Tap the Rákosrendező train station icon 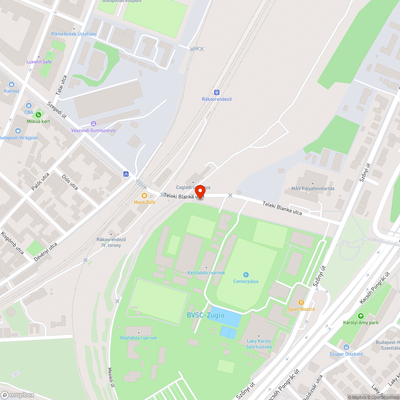tap(217, 92)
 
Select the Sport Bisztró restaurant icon tap(301, 302)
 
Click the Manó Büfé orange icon tap(144, 196)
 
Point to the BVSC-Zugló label tap(206, 315)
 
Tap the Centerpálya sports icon tap(246, 274)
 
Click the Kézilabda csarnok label tap(206, 273)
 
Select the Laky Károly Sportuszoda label tap(259, 344)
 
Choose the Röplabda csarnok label tap(139, 338)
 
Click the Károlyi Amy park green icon tap(361, 316)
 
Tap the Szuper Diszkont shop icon tap(346, 347)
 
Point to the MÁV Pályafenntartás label tap(313, 188)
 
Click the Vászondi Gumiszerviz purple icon tap(94, 124)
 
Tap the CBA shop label tap(29, 112)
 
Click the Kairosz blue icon tap(11, 84)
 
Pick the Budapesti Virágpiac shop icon tap(18, 131)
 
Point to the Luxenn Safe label tap(39, 62)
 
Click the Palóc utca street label tap(40, 182)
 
